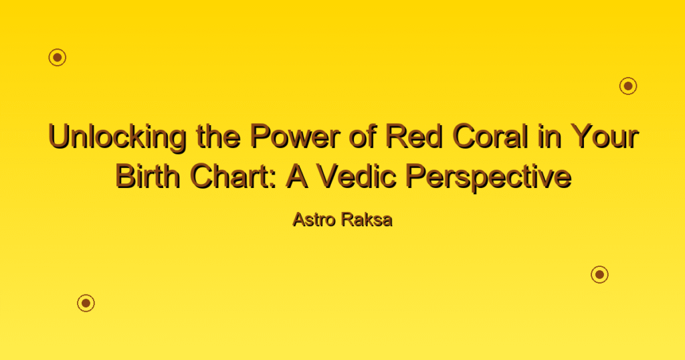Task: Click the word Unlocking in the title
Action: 117,137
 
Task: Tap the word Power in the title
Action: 295,136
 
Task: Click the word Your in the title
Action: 604,136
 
